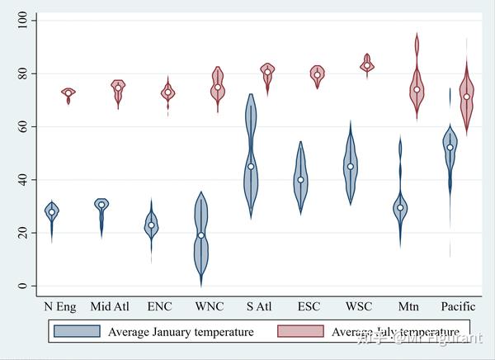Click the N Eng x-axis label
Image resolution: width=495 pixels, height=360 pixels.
(x=59, y=307)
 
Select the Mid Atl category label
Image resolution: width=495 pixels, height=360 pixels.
(x=110, y=307)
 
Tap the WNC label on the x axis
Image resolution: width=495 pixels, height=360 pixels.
(x=209, y=307)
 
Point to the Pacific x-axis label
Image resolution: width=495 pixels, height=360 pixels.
(x=458, y=307)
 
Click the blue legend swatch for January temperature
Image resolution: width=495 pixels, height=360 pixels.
(x=76, y=332)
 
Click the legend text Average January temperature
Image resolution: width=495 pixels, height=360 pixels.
(x=180, y=332)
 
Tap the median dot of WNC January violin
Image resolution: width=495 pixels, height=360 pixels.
(x=200, y=235)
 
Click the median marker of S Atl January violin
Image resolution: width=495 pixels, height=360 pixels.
(x=251, y=167)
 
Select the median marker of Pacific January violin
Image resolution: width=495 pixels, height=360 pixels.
(x=450, y=147)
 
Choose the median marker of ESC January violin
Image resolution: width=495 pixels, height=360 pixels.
(x=300, y=179)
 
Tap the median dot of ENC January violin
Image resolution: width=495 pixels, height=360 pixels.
(x=151, y=225)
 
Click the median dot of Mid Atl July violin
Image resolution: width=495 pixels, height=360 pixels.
(x=118, y=88)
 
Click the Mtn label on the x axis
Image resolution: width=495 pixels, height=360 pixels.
(x=408, y=307)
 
